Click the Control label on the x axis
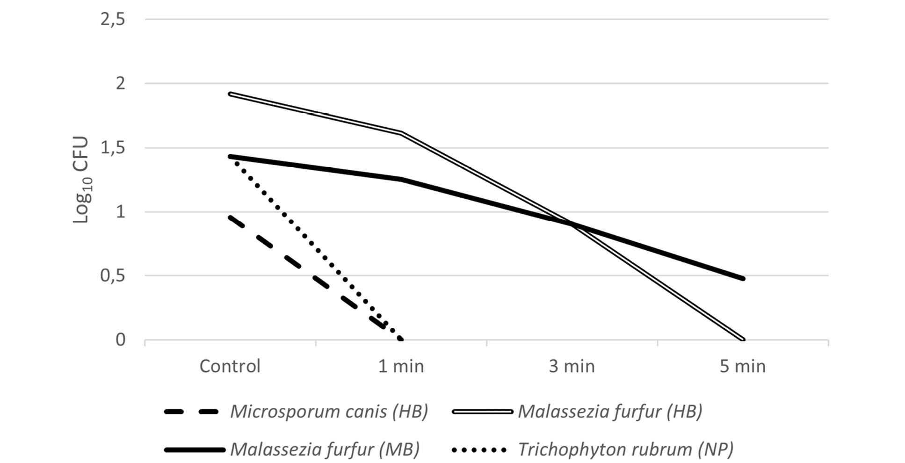(230, 366)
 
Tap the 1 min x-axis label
(401, 366)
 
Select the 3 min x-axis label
(572, 366)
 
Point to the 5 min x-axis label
(743, 366)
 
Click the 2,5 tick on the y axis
(113, 20)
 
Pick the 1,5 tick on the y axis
(113, 148)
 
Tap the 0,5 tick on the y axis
(113, 275)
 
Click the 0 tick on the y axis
(121, 340)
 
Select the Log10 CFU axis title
(82, 180)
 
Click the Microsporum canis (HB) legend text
(329, 412)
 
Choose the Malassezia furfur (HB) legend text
(610, 412)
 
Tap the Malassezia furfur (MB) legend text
(325, 449)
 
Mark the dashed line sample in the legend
(191, 412)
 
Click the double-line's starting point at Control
(230, 94)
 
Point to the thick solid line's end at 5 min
(743, 279)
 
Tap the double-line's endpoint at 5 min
(743, 340)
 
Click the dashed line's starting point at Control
(230, 217)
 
